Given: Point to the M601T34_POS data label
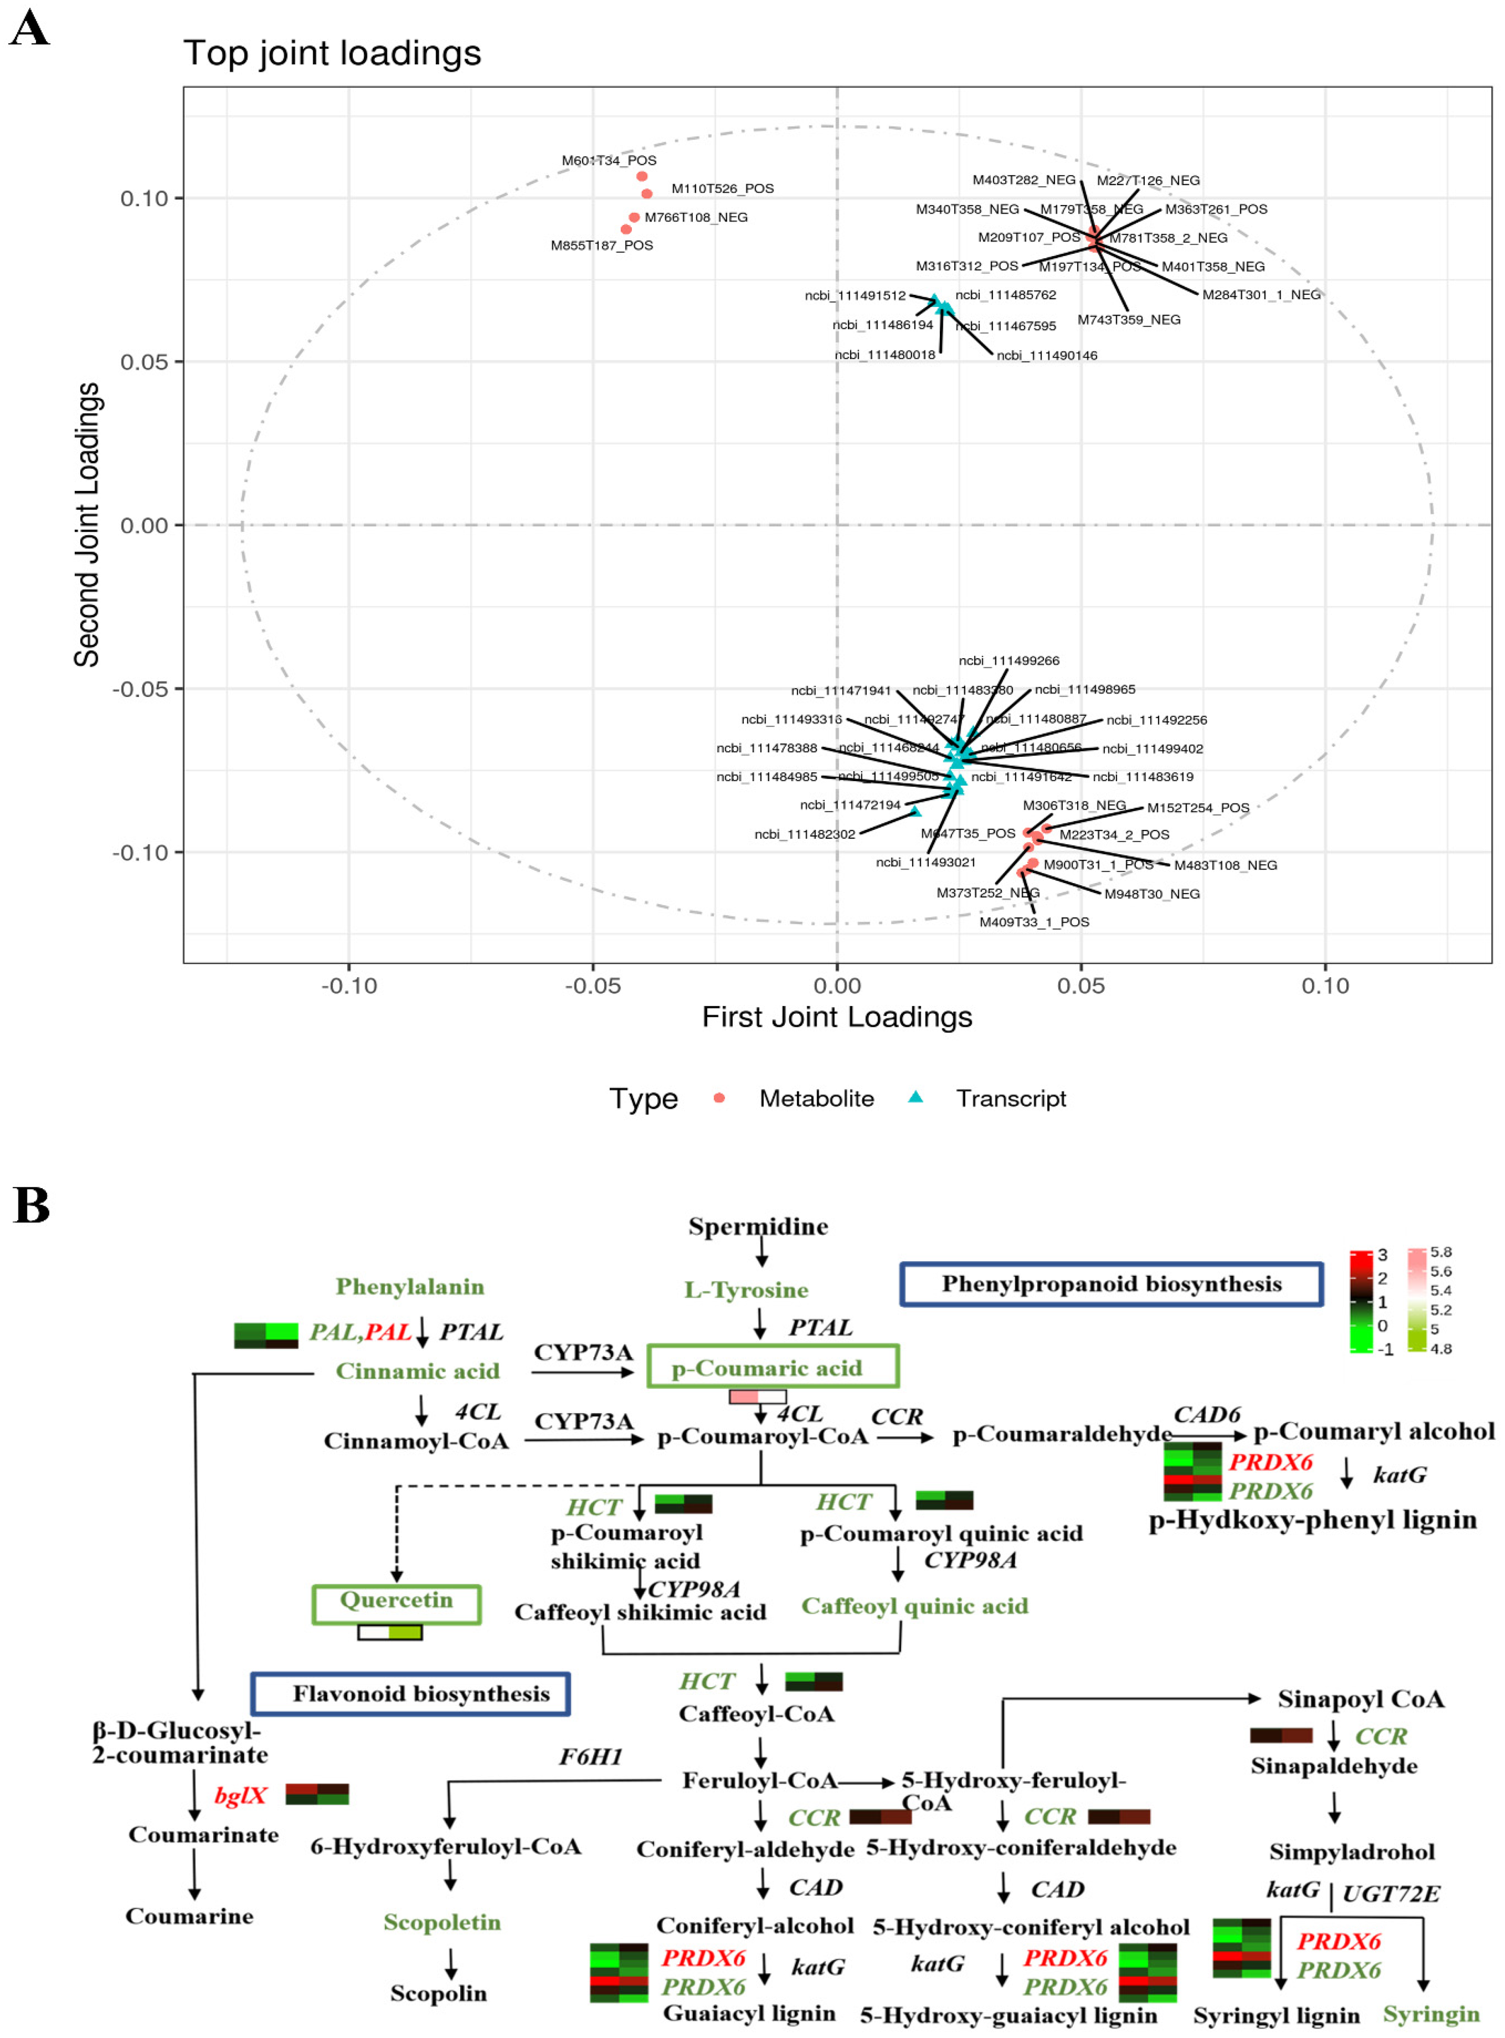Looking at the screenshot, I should click(x=608, y=160).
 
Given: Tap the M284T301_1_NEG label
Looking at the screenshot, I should click(x=1261, y=294).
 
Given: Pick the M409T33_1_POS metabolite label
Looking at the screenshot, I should click(x=1034, y=922).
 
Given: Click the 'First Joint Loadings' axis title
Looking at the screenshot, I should click(x=836, y=1017).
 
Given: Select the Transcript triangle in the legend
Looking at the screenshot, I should click(x=915, y=1098).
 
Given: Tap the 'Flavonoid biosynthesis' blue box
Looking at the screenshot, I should click(x=411, y=1694).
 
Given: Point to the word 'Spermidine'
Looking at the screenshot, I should click(x=758, y=1226).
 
